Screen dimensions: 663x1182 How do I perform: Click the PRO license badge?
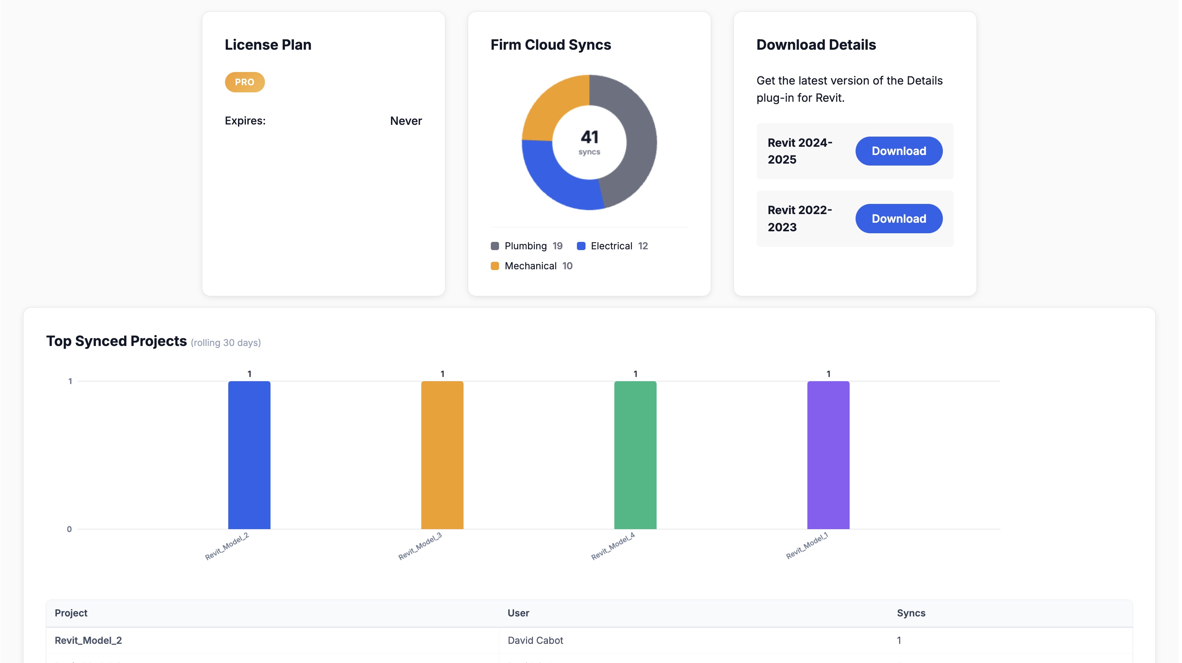(245, 82)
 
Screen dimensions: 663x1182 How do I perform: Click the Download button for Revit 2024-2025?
(898, 151)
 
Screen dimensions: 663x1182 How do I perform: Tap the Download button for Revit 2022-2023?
(898, 218)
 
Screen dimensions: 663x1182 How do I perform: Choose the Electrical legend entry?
(611, 246)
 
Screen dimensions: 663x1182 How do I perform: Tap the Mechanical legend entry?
(530, 266)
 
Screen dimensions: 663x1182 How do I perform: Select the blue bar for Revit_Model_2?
(249, 455)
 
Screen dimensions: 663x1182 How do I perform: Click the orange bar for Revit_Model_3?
(442, 455)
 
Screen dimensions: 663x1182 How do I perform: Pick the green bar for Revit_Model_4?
(635, 455)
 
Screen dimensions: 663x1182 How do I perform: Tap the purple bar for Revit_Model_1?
(828, 455)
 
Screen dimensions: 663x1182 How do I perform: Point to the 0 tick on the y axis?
(69, 529)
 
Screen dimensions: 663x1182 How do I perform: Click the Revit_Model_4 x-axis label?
(613, 546)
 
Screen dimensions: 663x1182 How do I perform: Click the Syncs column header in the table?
(910, 613)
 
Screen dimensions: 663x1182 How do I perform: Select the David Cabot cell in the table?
(535, 640)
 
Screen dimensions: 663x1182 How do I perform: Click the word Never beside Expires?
(405, 121)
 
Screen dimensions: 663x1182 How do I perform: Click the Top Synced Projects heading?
(117, 341)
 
